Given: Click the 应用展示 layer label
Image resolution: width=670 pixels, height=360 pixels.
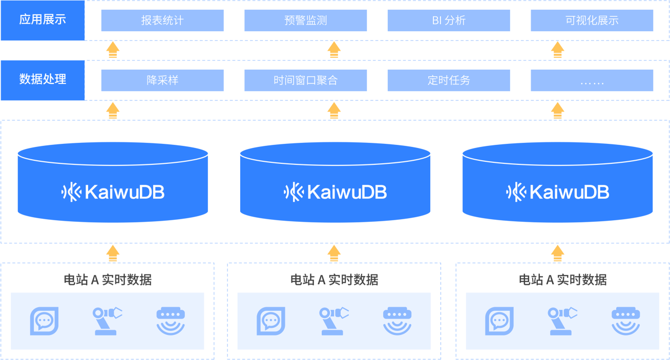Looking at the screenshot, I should pos(43,20).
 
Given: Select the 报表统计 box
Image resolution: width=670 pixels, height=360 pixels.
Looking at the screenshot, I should pos(162,21).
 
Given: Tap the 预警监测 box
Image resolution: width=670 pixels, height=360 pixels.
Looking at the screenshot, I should pos(306,21).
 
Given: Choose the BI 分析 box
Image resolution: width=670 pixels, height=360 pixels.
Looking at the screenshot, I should pos(449,21).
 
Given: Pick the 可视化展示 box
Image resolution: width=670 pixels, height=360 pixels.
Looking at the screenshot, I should pos(592,21).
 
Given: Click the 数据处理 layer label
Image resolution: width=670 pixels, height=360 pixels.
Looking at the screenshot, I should pos(43,80).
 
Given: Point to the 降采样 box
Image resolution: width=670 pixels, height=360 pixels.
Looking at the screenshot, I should pos(162,80).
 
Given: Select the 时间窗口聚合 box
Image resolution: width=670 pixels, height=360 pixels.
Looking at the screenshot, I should pos(306,80).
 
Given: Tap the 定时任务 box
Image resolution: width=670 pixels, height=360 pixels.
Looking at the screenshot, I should pos(449,80).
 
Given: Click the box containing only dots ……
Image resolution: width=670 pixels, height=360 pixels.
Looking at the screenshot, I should pos(592,80).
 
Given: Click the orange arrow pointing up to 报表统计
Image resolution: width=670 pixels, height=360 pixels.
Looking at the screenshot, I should pos(113,50).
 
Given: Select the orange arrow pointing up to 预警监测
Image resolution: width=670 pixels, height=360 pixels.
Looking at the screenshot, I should pos(334,50).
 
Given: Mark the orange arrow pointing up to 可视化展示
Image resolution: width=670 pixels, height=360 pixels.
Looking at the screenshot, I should pos(557,50).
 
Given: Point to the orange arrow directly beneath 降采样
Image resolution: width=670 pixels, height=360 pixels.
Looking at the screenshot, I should pos(113,110).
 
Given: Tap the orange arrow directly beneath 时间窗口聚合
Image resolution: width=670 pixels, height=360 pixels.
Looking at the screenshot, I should pos(334,110).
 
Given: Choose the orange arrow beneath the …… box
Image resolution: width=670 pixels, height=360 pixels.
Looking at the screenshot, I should pos(557,110).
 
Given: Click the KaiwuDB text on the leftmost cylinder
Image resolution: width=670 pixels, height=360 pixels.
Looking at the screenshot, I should pos(124,193).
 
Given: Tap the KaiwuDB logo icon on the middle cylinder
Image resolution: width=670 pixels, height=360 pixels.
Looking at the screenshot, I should pos(294,193).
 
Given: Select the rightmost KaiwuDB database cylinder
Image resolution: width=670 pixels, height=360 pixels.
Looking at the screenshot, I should pos(557,183).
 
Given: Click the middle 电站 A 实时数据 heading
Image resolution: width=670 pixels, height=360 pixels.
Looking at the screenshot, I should pos(334,280).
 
